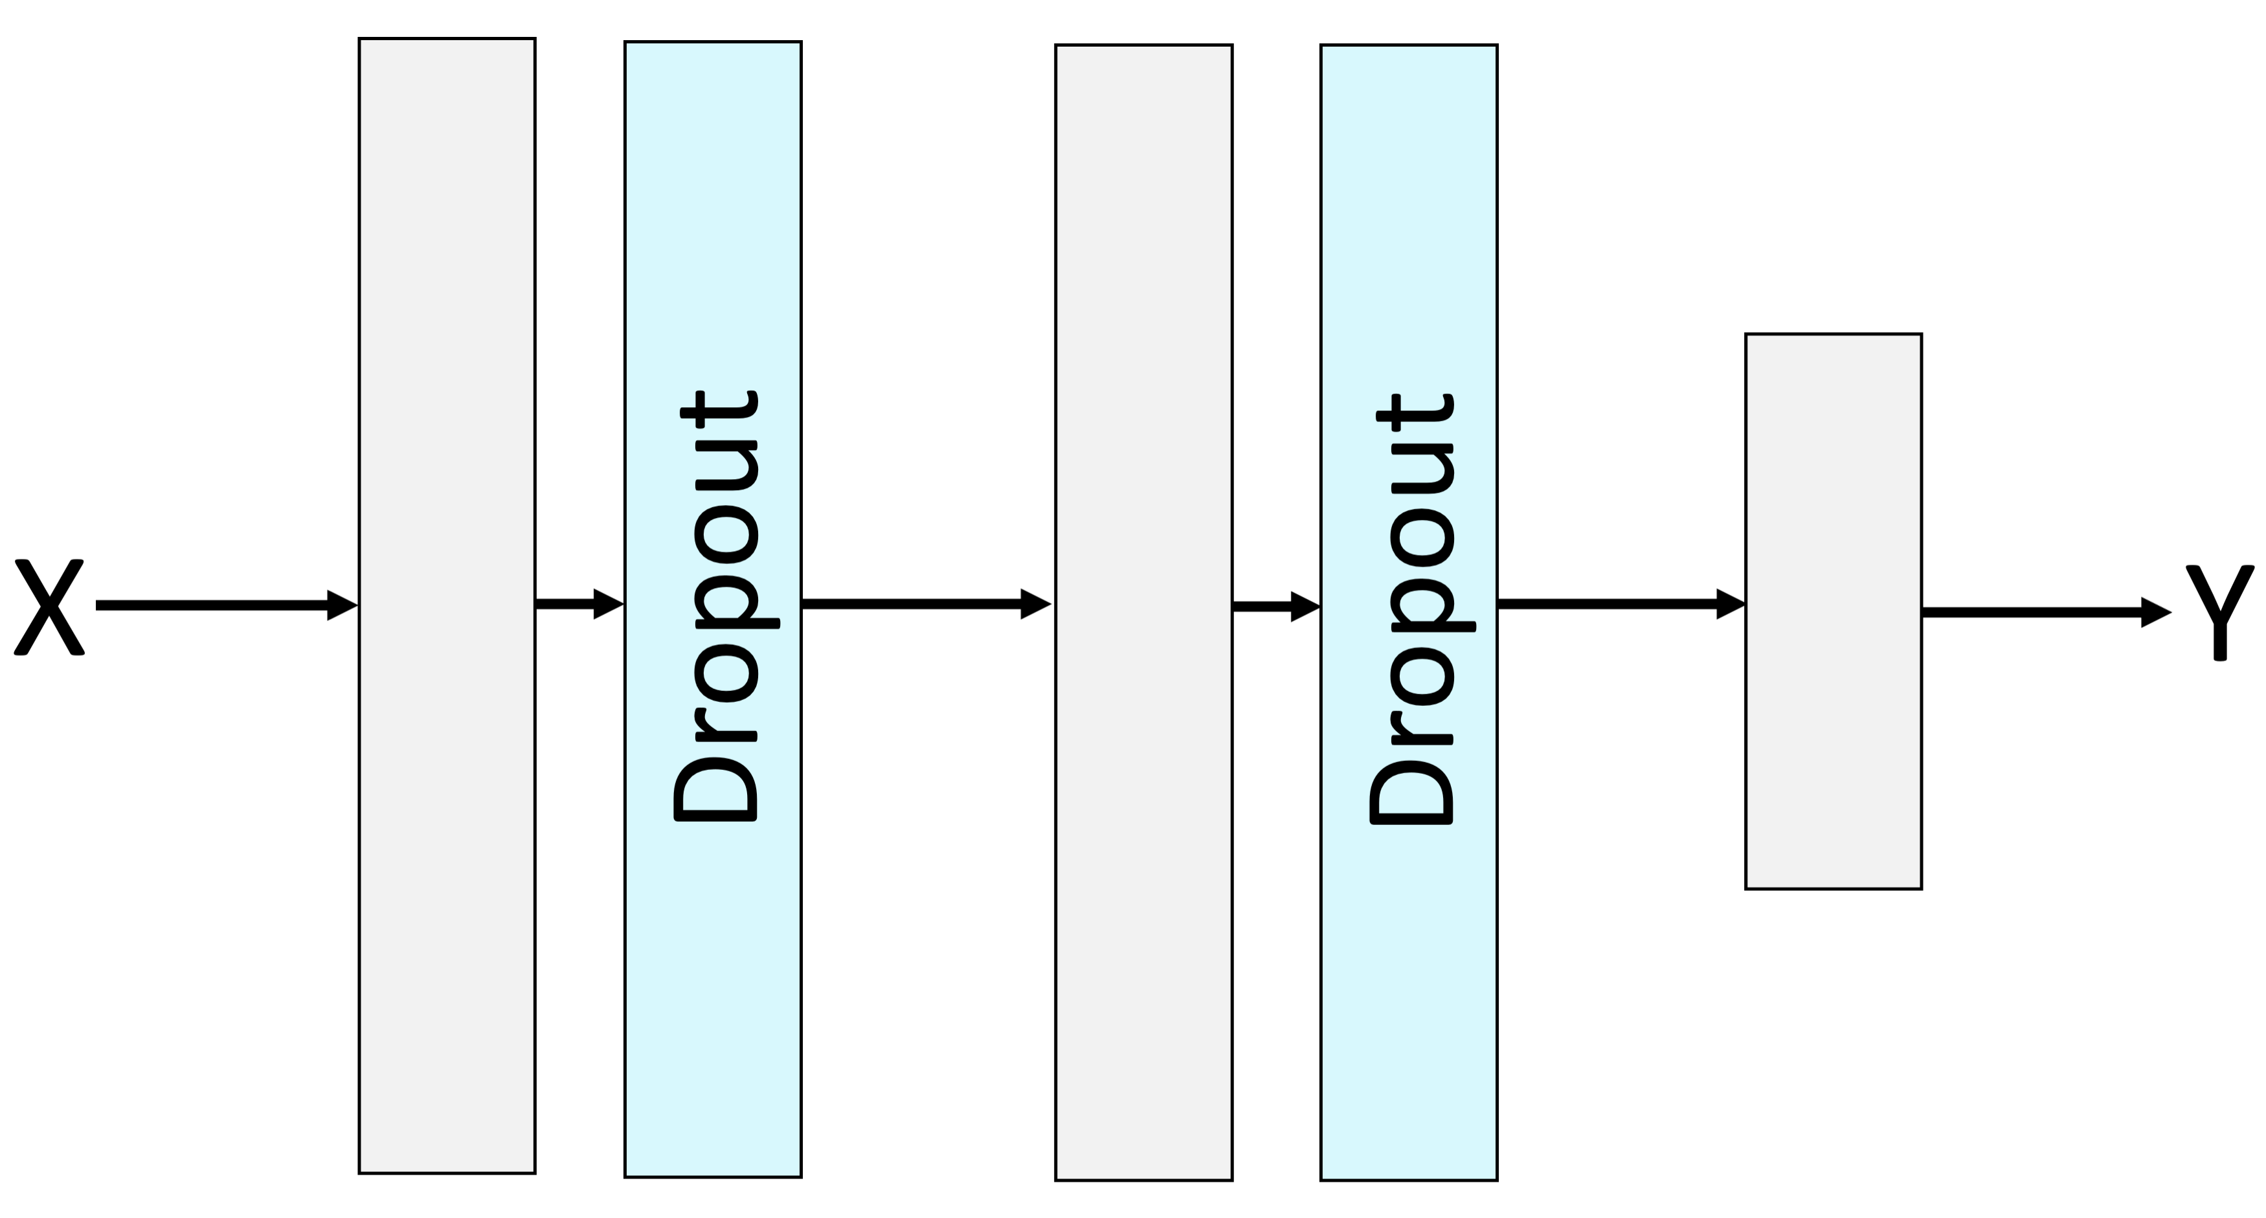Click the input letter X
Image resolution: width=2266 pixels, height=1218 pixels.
[49, 607]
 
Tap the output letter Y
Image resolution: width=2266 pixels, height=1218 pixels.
[2219, 613]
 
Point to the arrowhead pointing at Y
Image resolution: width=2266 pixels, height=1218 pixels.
[2155, 613]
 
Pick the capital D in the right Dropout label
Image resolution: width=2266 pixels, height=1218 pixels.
[1409, 784]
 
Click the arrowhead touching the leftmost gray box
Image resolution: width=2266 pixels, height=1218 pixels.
[341, 605]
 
